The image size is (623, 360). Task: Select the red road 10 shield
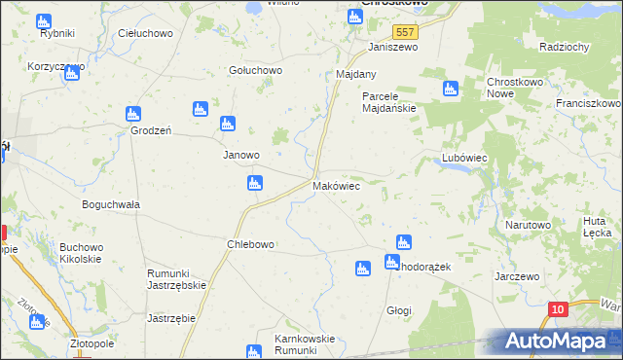tap(556, 309)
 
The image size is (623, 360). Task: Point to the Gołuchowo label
tap(255, 70)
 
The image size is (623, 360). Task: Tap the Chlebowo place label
tap(250, 244)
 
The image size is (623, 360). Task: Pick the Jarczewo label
tap(517, 276)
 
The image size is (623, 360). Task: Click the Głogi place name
tap(399, 310)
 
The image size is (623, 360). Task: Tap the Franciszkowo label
tap(588, 102)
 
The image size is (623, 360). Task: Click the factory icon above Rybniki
tap(42, 20)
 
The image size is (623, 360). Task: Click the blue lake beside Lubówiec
tap(457, 167)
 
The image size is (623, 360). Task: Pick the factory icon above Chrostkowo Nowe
tap(450, 90)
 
